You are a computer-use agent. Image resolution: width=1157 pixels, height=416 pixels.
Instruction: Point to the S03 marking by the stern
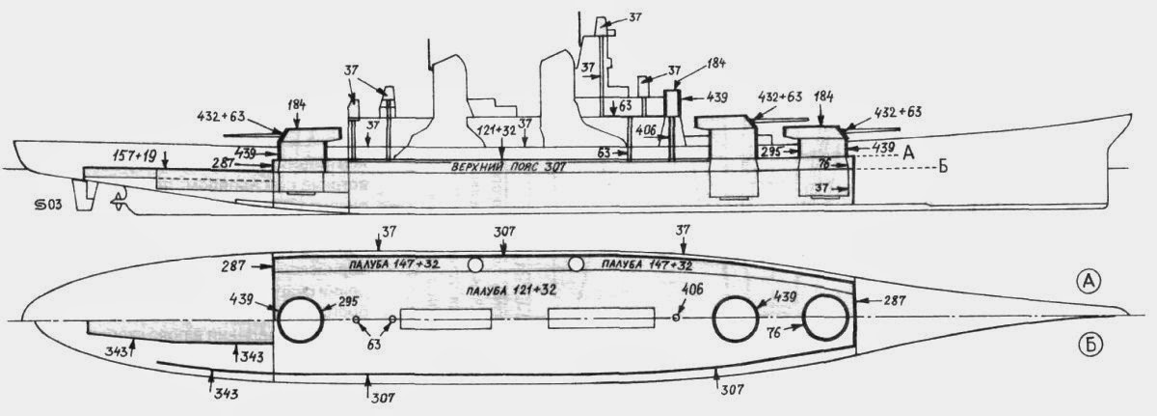tap(44, 205)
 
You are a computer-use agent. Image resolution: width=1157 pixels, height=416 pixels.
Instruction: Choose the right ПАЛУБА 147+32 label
tap(643, 263)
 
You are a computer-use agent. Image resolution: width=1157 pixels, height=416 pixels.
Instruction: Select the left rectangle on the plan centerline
tap(446, 320)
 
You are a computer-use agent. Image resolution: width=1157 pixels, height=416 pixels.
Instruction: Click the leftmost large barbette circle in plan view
tap(301, 319)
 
